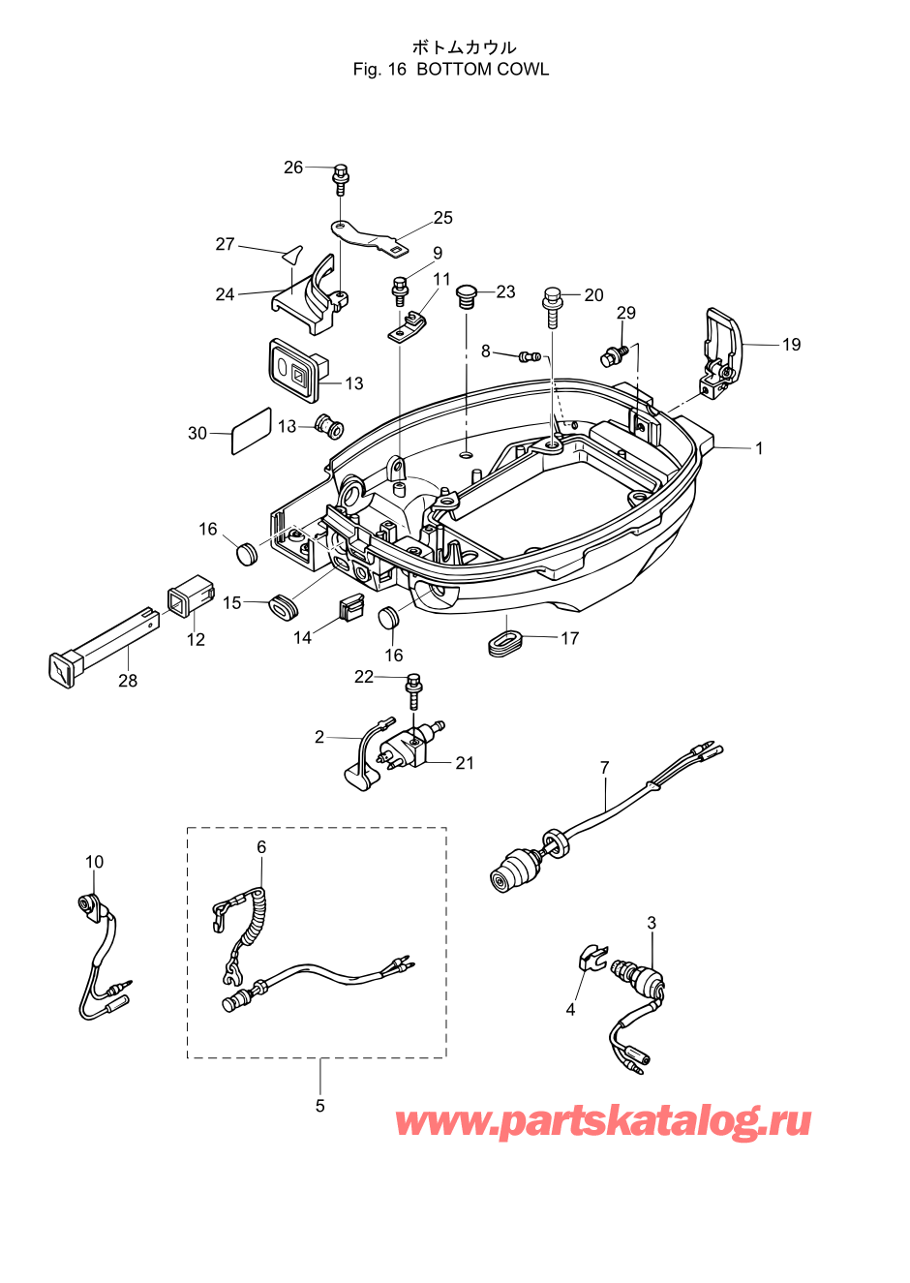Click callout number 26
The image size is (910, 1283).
293,168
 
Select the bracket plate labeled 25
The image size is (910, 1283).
371,237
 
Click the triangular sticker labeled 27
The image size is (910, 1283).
293,255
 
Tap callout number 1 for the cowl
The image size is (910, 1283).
759,448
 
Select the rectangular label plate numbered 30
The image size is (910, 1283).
251,430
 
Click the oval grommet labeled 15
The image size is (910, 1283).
284,606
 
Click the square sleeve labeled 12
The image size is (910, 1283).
191,596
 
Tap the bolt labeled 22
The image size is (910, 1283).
413,693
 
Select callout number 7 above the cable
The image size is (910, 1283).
605,766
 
